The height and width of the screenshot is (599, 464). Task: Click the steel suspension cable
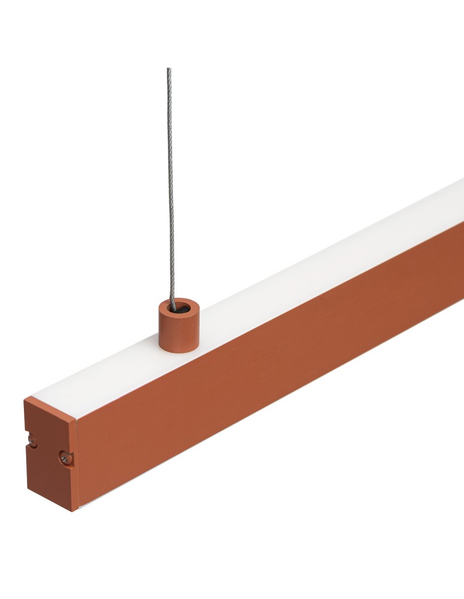tap(170, 180)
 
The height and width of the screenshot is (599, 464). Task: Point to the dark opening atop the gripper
tap(179, 310)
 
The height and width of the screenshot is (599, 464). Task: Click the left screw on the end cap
tap(33, 443)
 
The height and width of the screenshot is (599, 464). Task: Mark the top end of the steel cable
tap(168, 69)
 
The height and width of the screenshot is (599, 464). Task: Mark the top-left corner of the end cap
tap(25, 398)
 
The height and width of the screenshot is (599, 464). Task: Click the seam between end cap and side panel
tap(77, 467)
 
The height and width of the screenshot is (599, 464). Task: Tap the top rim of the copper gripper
tap(179, 303)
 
